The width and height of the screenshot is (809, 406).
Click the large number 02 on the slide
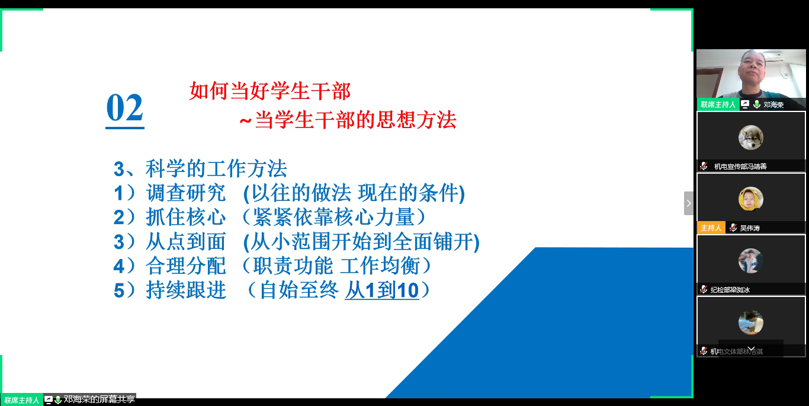(x=124, y=108)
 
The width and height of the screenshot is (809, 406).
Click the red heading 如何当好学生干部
(x=270, y=91)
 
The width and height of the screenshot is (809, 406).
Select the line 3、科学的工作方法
(x=200, y=169)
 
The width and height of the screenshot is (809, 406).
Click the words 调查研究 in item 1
(x=186, y=193)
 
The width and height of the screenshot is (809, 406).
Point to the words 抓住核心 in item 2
(x=186, y=218)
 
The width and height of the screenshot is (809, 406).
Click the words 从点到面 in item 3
(x=186, y=242)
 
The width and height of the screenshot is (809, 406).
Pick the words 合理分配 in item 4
(x=186, y=266)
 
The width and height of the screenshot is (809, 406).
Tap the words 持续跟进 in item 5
(x=186, y=290)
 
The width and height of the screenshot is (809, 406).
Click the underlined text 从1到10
(x=382, y=290)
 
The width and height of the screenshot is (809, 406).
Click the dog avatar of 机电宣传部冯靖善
(x=750, y=138)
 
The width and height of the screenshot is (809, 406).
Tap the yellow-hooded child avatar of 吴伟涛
(x=750, y=199)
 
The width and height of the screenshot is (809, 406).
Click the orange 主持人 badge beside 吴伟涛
(x=711, y=228)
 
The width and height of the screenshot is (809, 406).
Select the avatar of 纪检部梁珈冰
(x=750, y=261)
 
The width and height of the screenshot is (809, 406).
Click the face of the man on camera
(x=750, y=71)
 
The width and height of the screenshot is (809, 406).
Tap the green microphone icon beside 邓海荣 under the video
(x=756, y=104)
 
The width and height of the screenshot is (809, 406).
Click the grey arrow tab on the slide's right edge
(x=688, y=203)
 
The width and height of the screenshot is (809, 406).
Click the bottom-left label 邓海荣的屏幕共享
(x=99, y=400)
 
